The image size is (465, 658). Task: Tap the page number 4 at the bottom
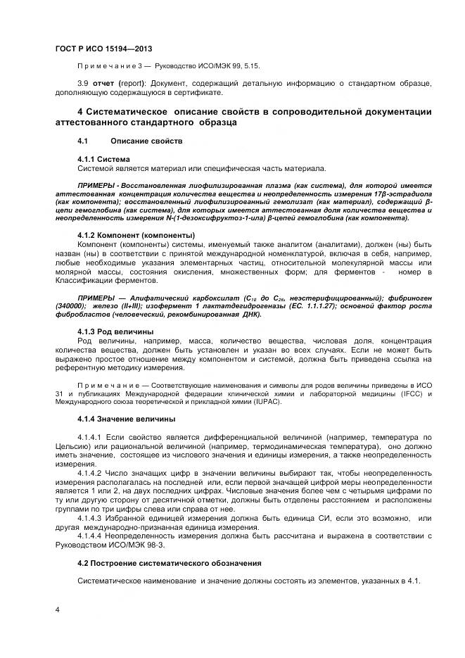point(57,610)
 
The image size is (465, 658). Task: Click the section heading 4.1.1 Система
point(103,160)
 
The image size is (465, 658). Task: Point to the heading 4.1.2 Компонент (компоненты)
point(136,234)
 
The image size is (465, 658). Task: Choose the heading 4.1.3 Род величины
point(115,331)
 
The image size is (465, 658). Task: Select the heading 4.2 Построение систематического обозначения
point(169,563)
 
